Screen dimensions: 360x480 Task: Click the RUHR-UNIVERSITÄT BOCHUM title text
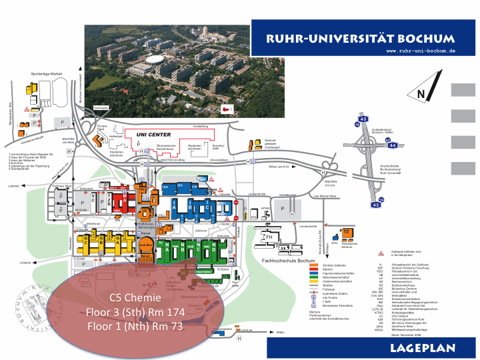pos(361,38)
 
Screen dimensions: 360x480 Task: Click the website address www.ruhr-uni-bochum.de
pos(421,51)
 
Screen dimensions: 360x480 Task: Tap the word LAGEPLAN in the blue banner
pos(423,348)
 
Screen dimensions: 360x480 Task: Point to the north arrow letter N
pos(421,95)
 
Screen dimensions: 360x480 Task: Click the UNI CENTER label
pos(154,135)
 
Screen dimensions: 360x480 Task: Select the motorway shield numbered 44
pos(393,144)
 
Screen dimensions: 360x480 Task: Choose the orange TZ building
pos(347,233)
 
